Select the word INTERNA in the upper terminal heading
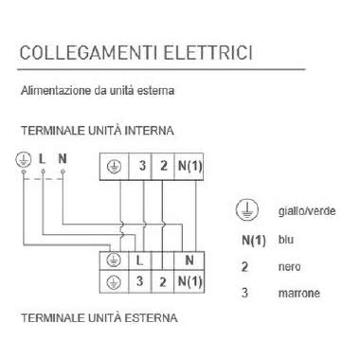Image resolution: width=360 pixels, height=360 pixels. coord(151,130)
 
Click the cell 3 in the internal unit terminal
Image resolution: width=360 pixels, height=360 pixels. coord(142,166)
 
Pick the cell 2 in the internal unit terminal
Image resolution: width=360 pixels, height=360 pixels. coord(163,166)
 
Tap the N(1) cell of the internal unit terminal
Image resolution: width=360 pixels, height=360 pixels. coord(189,166)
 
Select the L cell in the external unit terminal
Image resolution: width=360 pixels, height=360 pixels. coord(139,258)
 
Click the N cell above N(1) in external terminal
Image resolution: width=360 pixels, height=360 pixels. coord(189,258)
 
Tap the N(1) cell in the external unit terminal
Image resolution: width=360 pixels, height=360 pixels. coord(189,282)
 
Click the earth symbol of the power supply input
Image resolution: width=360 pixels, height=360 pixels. coord(24,157)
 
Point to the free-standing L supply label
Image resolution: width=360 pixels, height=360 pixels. coord(43,157)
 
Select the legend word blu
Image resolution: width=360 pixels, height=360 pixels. coord(285,240)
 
